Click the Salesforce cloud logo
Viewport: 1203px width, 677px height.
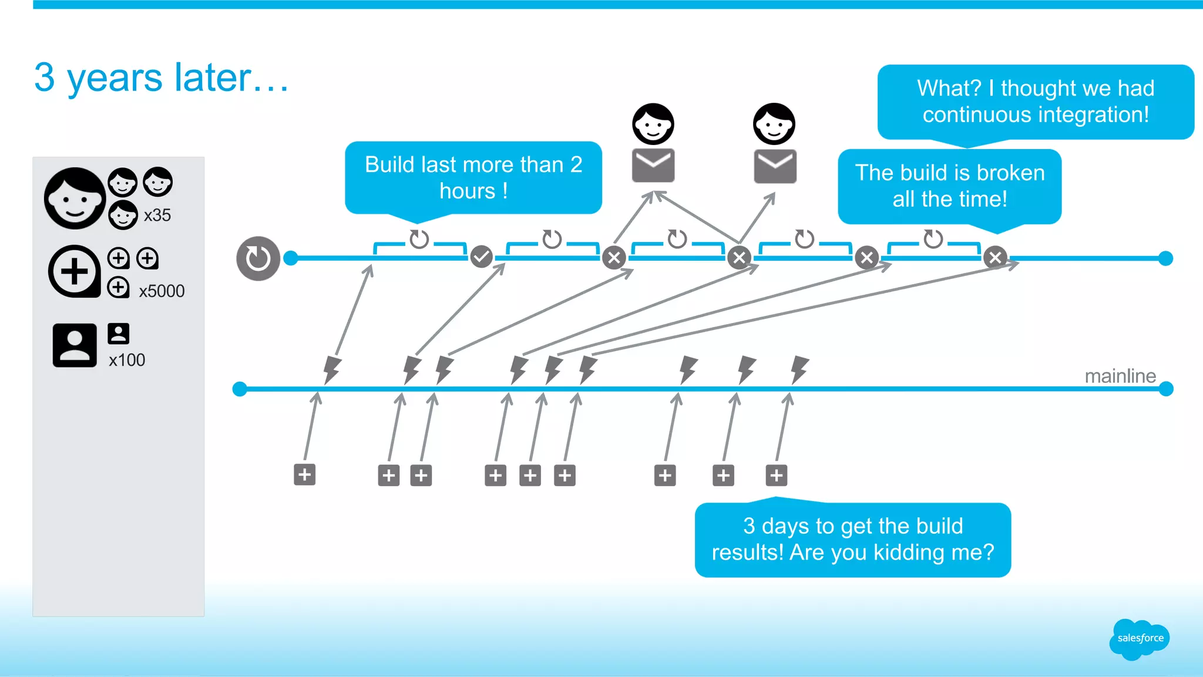1139,639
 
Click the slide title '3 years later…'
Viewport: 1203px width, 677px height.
162,78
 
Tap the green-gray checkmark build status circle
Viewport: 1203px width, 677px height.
481,257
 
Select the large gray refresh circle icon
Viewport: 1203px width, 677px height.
258,258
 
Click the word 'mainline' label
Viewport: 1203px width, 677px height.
1120,376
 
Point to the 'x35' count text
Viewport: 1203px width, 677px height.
157,215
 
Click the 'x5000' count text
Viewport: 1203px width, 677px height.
162,291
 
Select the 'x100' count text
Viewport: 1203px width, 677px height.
127,360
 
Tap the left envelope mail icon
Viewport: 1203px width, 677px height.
653,166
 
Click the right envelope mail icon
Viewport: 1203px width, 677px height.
775,166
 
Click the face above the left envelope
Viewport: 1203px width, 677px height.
653,124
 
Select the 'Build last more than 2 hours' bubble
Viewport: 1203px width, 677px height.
473,177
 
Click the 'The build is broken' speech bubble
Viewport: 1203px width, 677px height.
949,186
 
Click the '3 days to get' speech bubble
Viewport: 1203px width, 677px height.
852,539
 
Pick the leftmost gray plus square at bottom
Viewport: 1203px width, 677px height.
304,474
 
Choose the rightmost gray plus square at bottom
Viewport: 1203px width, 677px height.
776,475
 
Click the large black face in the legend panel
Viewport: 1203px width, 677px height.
75,198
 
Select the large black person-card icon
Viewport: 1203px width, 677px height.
75,345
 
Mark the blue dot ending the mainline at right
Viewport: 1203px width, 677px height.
1166,389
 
